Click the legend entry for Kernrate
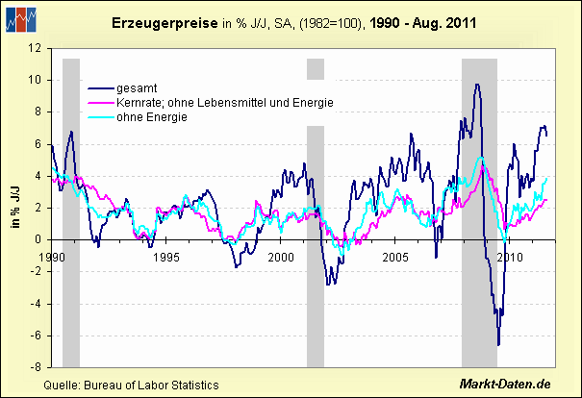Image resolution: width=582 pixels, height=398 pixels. pyautogui.click(x=222, y=102)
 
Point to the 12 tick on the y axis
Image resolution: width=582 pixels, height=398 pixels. pyautogui.click(x=35, y=47)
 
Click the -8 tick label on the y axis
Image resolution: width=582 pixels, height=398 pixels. pyautogui.click(x=35, y=367)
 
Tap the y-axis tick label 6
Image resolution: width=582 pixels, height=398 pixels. pyautogui.click(x=37, y=143)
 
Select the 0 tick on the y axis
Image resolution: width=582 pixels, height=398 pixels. pyautogui.click(x=37, y=239)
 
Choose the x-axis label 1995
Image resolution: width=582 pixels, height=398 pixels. pyautogui.click(x=165, y=258)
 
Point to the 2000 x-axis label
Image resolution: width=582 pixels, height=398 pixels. pyautogui.click(x=280, y=258)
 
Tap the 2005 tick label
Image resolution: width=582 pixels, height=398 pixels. pyautogui.click(x=394, y=258)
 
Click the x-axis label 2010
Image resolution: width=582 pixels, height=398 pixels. pyautogui.click(x=509, y=258)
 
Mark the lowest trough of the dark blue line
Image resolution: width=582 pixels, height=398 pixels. pyautogui.click(x=498, y=344)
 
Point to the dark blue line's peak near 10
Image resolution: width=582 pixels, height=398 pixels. pyautogui.click(x=476, y=85)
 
